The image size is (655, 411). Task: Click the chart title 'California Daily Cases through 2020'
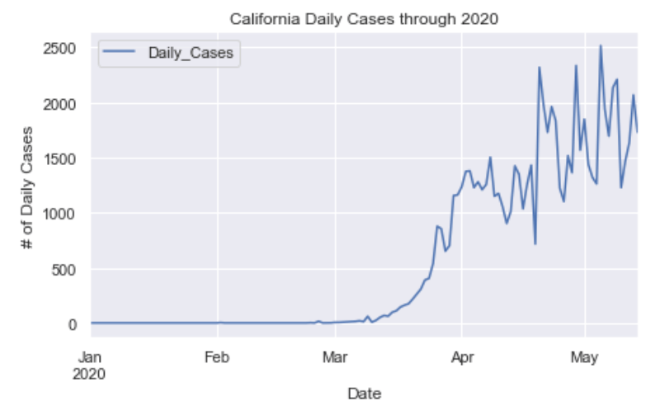click(x=364, y=17)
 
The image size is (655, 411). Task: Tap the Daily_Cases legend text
click(x=191, y=54)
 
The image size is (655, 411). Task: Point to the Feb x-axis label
click(x=216, y=357)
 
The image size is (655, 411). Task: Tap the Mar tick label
click(x=334, y=357)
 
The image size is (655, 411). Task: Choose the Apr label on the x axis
click(x=462, y=357)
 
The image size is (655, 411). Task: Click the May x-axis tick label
click(x=584, y=357)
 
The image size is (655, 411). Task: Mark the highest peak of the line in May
click(x=601, y=46)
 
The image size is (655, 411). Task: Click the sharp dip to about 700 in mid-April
click(x=535, y=243)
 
